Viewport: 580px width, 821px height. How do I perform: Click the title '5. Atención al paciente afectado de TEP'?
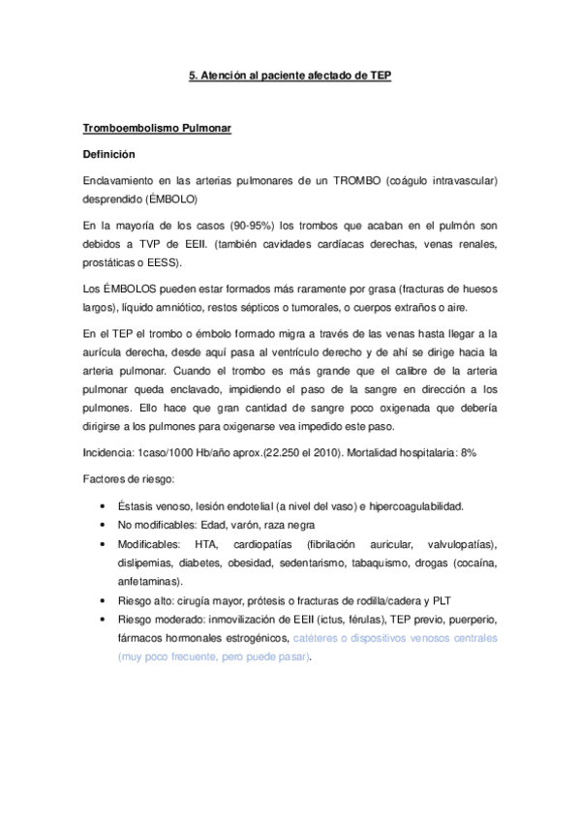coord(290,75)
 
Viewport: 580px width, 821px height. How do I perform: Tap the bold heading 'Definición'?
coord(108,154)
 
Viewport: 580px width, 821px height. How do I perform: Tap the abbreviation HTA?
coord(206,544)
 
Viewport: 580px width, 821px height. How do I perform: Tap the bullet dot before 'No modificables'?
coord(104,526)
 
